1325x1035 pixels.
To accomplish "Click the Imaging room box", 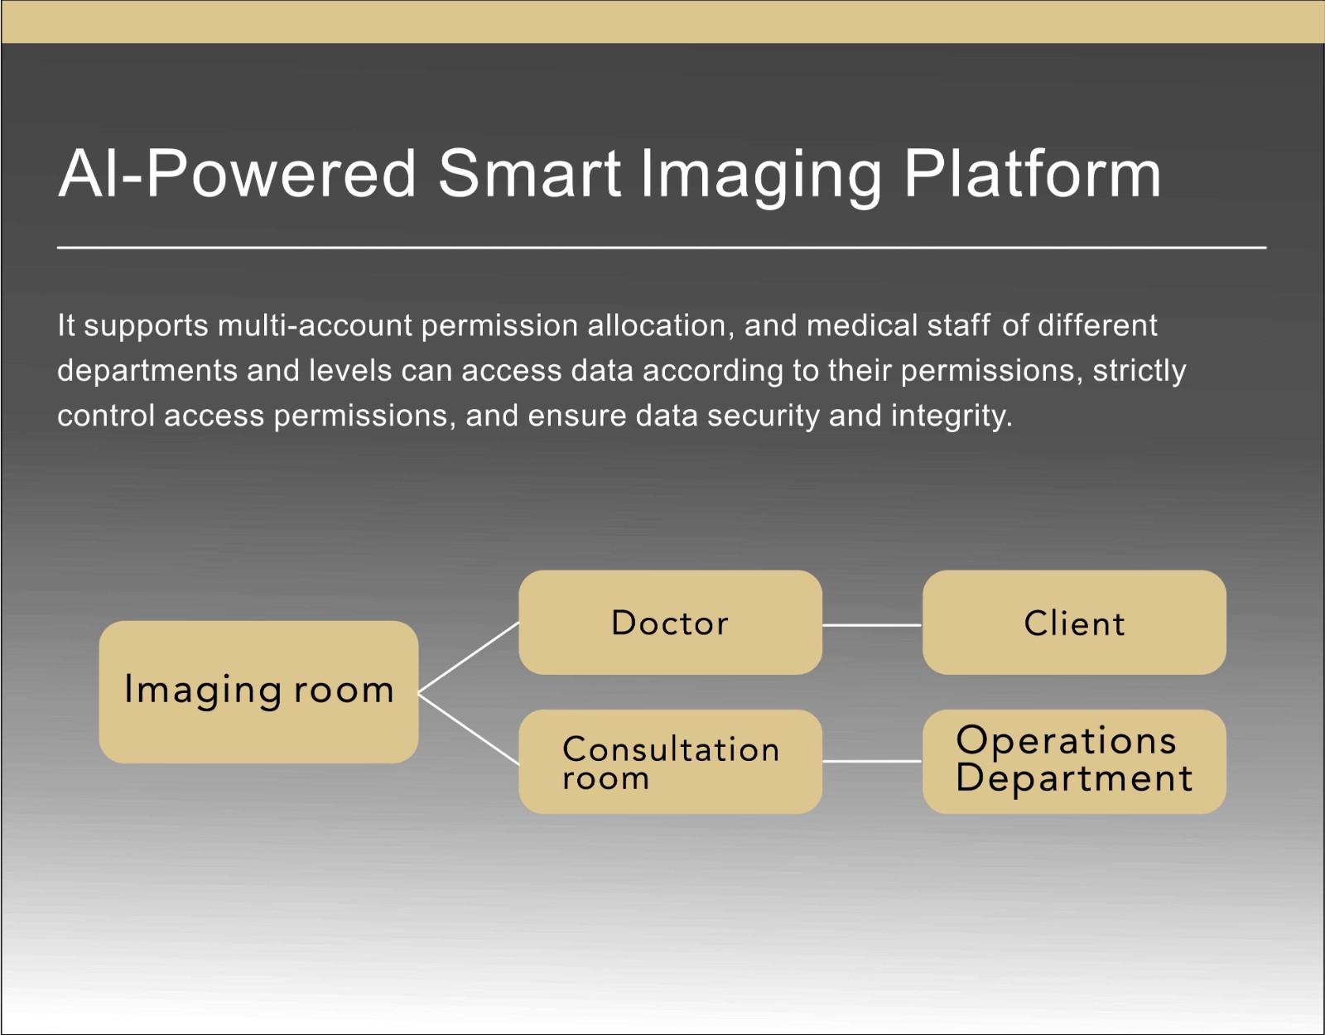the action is pos(258,692).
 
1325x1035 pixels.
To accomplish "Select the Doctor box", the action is pos(670,623).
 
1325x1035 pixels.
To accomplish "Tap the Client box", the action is pos(1074,623).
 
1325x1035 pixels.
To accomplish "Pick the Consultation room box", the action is pos(670,761).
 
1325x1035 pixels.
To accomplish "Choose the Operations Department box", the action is pos(1074,761).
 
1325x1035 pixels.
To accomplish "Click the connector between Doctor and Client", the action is pos(873,625).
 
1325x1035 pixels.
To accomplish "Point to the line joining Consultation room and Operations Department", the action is pos(873,761).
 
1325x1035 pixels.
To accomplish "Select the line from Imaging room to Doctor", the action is pos(468,657).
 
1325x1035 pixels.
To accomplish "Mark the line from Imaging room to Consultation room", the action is pos(468,729).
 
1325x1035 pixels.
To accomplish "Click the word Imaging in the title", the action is pos(761,179).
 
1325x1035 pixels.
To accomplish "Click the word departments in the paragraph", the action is pos(147,371).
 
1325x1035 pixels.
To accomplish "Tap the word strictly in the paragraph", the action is pos(1139,371).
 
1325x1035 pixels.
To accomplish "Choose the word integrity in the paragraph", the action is pos(952,416).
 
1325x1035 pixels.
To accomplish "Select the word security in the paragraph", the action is pos(764,416).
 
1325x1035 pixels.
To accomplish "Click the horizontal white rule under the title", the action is pos(662,248).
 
